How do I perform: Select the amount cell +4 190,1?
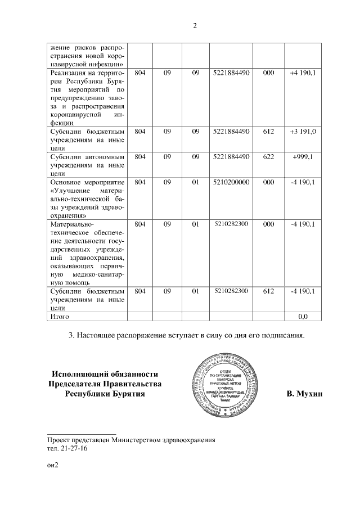coord(302,73)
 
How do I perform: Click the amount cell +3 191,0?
coord(303,132)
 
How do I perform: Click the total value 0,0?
coord(303,317)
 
